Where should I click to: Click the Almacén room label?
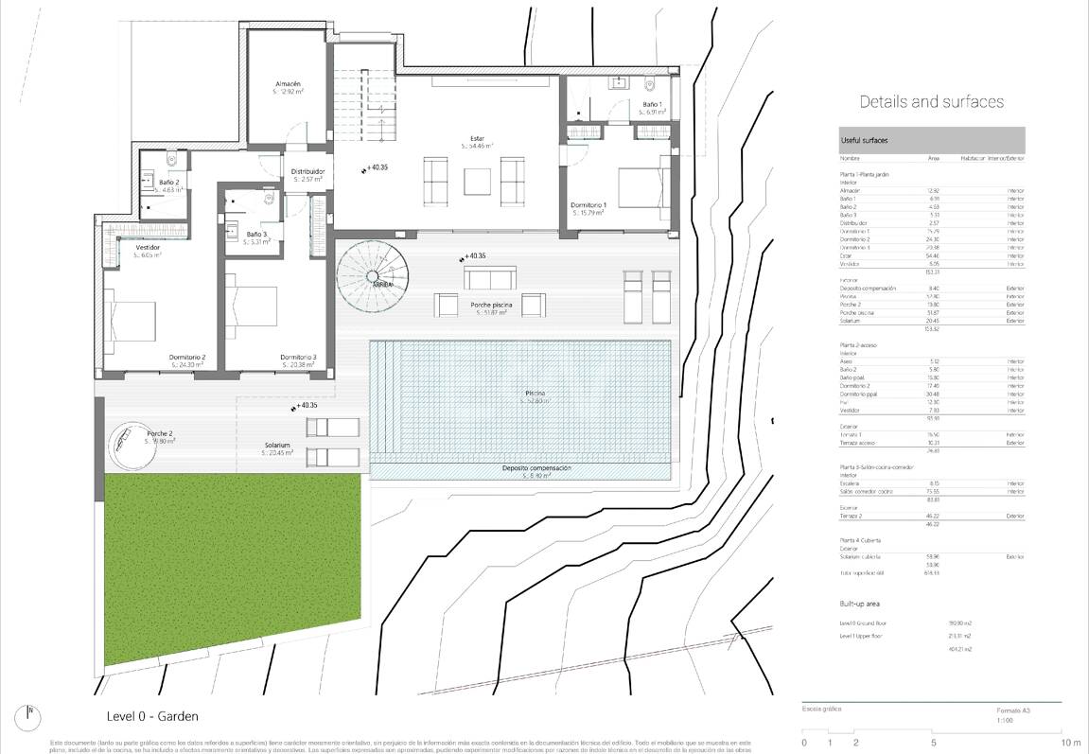point(288,84)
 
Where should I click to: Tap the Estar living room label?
point(478,138)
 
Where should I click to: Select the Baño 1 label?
point(652,104)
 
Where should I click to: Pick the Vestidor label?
point(147,247)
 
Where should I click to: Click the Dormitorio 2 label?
point(187,357)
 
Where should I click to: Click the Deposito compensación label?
point(536,468)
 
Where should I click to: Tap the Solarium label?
point(277,446)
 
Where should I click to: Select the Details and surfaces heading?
point(931,101)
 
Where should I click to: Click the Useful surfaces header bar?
point(931,140)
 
